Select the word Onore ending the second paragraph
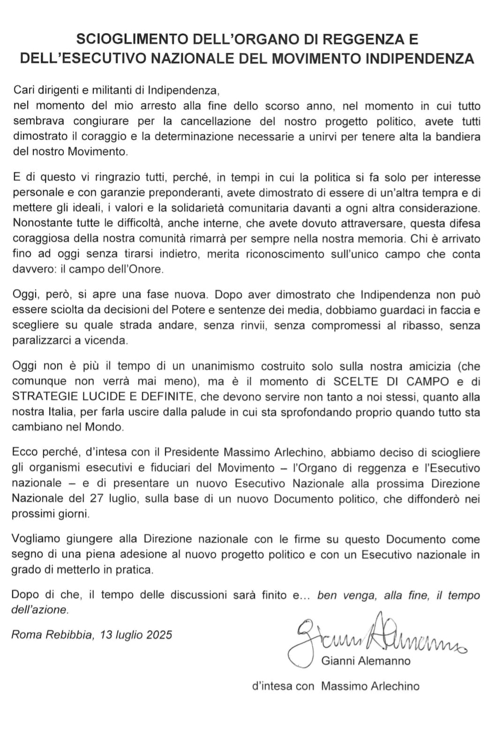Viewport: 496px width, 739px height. click(x=146, y=269)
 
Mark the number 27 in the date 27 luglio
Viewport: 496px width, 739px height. click(x=97, y=499)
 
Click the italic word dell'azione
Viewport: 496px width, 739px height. click(x=40, y=610)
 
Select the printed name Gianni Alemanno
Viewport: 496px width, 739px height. click(x=366, y=661)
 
